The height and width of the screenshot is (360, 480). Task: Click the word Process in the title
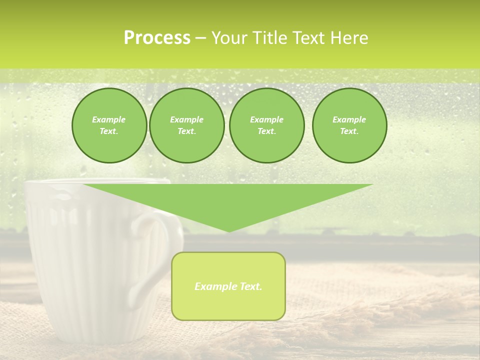pyautogui.click(x=157, y=38)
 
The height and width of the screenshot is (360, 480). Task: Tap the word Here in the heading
pyautogui.click(x=348, y=38)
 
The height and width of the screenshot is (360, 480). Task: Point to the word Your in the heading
pyautogui.click(x=229, y=38)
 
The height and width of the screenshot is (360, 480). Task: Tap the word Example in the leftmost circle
pyautogui.click(x=109, y=119)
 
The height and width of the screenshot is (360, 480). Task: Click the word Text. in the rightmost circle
pyautogui.click(x=349, y=131)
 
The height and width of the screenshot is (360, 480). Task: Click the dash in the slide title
pyautogui.click(x=201, y=38)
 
